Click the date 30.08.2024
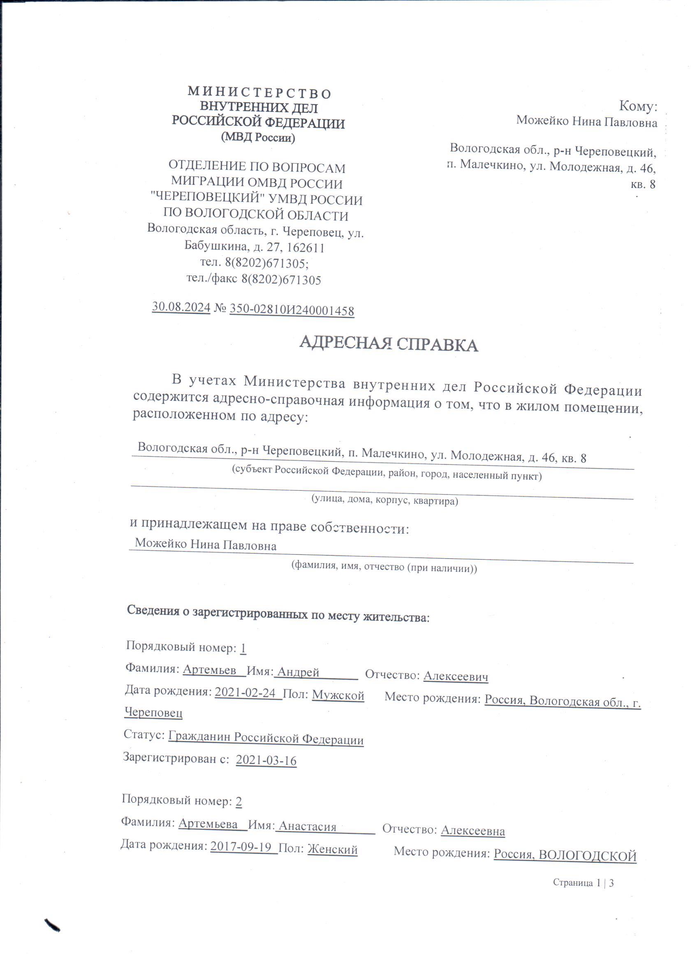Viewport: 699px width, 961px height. click(181, 307)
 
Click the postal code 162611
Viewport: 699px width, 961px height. click(304, 247)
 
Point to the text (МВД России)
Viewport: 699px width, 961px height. click(258, 138)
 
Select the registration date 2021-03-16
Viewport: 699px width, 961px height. click(266, 760)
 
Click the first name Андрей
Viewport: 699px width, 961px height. click(298, 672)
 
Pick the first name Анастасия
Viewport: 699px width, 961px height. click(307, 826)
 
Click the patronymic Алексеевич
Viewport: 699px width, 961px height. click(456, 676)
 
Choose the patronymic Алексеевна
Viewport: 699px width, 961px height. click(472, 830)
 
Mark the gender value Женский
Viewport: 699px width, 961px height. click(332, 849)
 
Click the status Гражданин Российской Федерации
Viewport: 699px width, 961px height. click(266, 738)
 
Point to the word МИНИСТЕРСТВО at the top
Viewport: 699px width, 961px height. click(259, 93)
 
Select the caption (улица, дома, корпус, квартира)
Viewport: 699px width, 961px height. click(385, 500)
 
